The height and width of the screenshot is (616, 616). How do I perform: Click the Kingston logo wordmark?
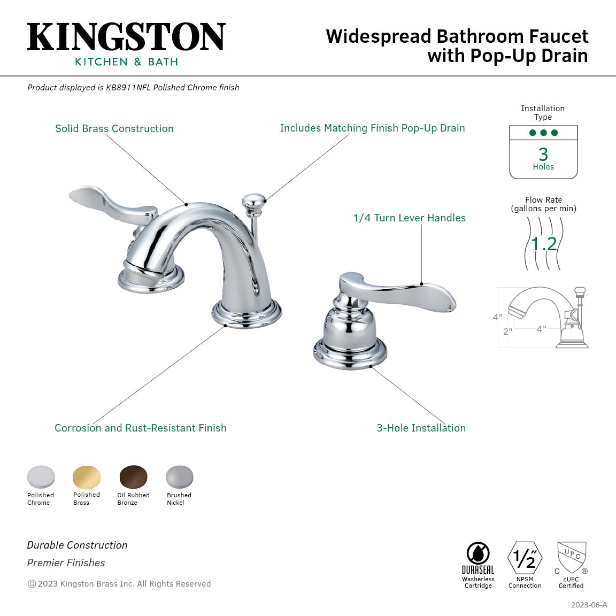tap(126, 37)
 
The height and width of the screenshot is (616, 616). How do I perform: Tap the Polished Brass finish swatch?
tap(87, 476)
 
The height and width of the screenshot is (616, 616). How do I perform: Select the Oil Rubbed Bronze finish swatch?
tap(133, 476)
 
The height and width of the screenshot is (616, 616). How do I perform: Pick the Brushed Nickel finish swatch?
tap(179, 476)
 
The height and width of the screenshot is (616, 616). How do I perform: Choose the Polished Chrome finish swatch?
tap(41, 476)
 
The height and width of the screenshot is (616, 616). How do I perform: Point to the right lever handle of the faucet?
tap(406, 292)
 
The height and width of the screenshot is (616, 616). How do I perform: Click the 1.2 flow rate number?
tap(544, 244)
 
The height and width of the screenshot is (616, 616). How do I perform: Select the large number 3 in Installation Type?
tap(543, 155)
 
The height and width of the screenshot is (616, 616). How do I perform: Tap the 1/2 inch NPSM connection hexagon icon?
tap(525, 558)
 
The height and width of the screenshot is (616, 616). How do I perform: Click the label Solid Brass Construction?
tap(114, 128)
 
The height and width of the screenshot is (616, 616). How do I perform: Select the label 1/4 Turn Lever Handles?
tap(409, 218)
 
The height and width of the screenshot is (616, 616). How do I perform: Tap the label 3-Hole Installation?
tap(421, 428)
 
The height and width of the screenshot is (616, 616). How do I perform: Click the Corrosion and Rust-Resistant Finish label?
tap(141, 428)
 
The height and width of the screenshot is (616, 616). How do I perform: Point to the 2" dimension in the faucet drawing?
tap(507, 332)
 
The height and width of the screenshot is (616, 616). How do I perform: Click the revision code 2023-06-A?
tap(589, 605)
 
